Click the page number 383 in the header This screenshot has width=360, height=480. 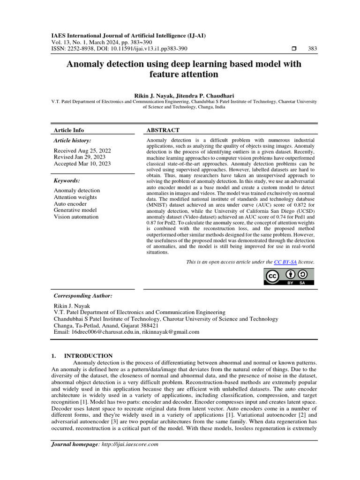click(312, 49)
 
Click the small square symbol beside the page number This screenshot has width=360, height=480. click(294, 49)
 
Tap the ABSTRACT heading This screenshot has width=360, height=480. click(163, 130)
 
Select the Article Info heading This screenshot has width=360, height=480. click(69, 130)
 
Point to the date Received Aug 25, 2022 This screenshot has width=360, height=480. click(82, 150)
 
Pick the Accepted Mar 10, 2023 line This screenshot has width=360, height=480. click(82, 164)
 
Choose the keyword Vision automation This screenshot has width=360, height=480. click(76, 217)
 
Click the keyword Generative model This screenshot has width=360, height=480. click(75, 210)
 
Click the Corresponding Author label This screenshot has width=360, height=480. click(83, 296)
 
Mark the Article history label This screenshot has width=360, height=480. click(72, 140)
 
